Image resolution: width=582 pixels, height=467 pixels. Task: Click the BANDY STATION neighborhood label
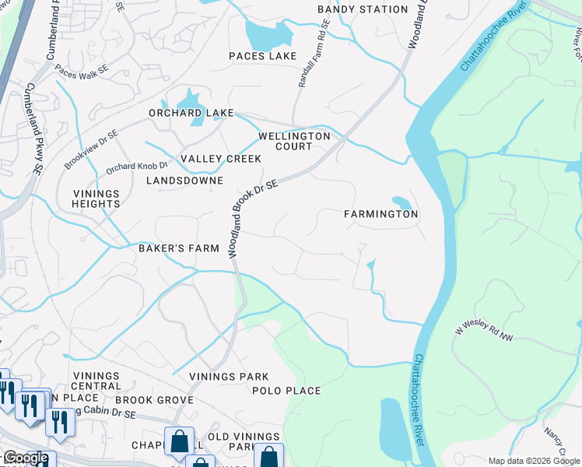point(363,9)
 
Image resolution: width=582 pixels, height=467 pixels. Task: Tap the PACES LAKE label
point(263,56)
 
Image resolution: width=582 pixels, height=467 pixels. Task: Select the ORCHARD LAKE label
point(191,113)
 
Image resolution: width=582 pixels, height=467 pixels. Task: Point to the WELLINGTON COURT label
point(294,141)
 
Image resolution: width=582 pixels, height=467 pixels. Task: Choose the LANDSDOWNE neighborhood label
point(184,181)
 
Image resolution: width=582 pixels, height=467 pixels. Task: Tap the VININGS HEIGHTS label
point(97,198)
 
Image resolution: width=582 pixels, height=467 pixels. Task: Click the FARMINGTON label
point(381,214)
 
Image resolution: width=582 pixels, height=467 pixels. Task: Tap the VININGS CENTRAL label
point(96,381)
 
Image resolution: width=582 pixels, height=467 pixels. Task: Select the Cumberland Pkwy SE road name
point(34,128)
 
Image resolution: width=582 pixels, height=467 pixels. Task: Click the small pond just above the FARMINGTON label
point(402,202)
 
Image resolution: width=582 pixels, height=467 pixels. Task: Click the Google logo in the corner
point(25,458)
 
